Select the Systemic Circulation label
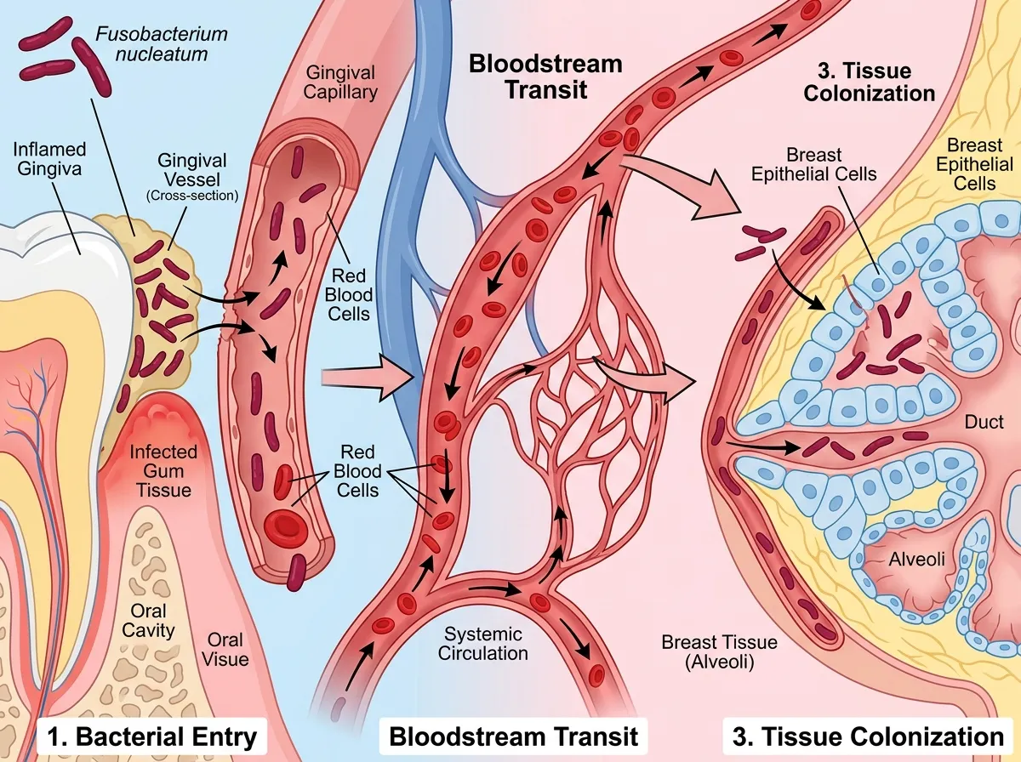click(484, 643)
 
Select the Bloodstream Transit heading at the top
click(545, 77)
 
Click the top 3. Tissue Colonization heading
click(869, 82)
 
